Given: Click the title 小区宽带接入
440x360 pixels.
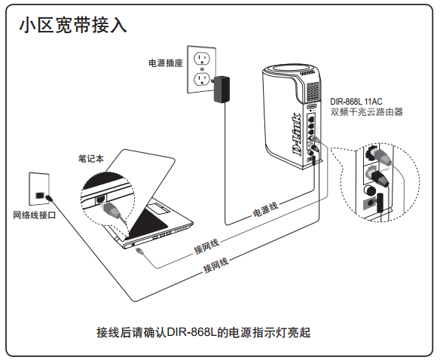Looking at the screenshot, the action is [x=74, y=26].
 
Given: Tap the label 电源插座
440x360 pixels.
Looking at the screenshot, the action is [x=166, y=63].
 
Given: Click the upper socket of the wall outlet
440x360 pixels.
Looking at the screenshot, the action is [x=201, y=59].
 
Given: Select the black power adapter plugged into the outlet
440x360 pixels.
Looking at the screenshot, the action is [x=222, y=90].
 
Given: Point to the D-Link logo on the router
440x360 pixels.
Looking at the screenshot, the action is [x=297, y=134].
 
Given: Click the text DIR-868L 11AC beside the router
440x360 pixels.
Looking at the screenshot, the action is [x=356, y=101].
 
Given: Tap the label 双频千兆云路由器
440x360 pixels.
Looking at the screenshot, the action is [x=366, y=112].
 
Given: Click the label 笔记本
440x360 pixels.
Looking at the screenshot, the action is [x=91, y=158].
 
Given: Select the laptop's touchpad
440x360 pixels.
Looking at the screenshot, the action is [x=157, y=209].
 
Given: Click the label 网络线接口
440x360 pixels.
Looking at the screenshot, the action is [x=35, y=215].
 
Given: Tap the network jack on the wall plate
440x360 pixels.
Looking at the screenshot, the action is [x=39, y=195].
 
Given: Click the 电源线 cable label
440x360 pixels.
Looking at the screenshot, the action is [x=265, y=209].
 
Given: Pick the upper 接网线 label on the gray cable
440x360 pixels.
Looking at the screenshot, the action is [x=206, y=247].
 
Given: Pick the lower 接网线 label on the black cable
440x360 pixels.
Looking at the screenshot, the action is [x=215, y=265].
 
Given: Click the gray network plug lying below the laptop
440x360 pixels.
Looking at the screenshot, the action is [x=139, y=251].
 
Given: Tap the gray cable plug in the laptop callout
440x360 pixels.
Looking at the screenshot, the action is [x=110, y=209].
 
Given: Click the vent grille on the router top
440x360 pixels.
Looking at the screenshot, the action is [x=313, y=91].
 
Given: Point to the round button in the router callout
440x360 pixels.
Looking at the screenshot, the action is [x=370, y=191].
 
